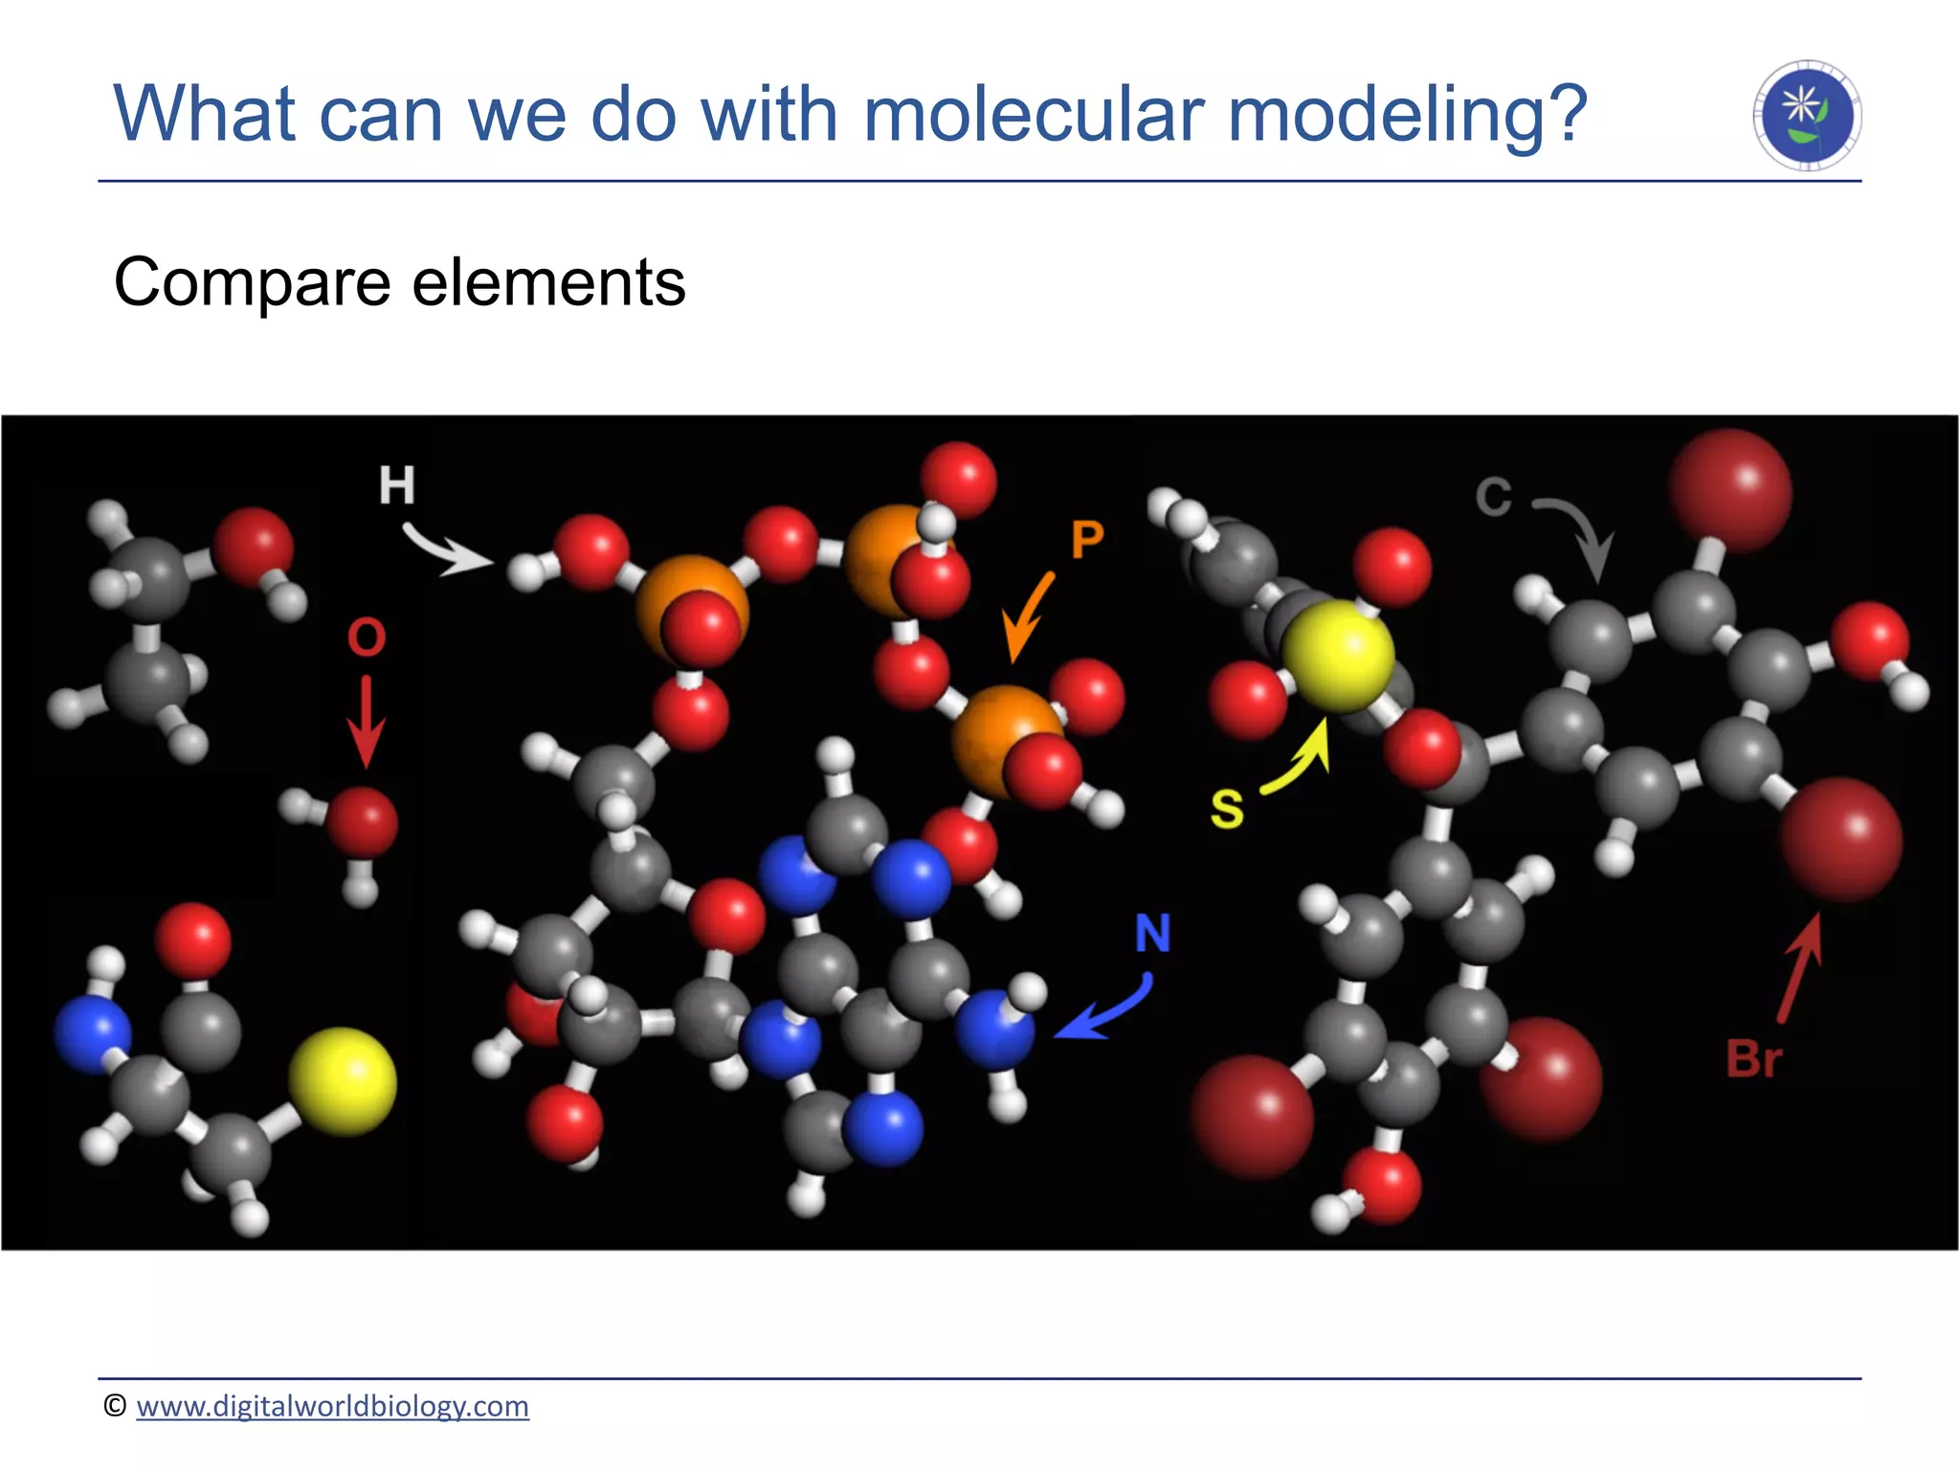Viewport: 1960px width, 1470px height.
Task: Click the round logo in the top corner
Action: tap(1807, 115)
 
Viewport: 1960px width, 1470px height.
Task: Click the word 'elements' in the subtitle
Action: tap(548, 283)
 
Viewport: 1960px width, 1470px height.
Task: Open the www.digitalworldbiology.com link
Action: tap(332, 1406)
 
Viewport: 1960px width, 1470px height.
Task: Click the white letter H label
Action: tap(396, 485)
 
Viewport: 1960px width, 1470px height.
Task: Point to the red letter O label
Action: tap(367, 637)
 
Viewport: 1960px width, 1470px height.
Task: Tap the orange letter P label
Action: tap(1087, 540)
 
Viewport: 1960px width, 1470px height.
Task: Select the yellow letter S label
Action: tap(1227, 809)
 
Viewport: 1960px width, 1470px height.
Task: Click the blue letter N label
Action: tap(1152, 933)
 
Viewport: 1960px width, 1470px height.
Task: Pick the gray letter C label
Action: tap(1493, 497)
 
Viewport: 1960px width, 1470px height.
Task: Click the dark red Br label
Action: tap(1753, 1059)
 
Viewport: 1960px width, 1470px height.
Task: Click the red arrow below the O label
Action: tap(366, 723)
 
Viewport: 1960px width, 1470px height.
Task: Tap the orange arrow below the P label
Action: tap(1028, 617)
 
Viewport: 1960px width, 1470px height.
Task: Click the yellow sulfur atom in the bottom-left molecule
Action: tap(343, 1081)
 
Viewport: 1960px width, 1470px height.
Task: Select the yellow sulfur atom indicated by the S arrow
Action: tap(1337, 656)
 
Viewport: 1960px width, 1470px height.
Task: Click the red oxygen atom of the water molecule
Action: tap(362, 821)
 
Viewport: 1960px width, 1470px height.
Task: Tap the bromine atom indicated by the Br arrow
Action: tap(1840, 839)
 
